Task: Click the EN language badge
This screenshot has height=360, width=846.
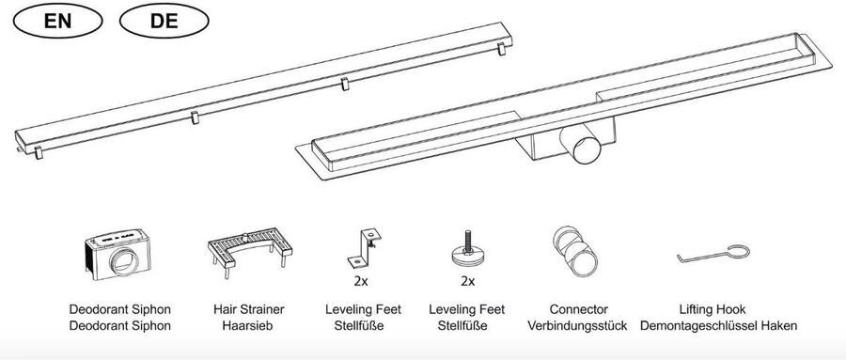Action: tap(57, 21)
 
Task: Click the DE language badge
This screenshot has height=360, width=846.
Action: tap(164, 21)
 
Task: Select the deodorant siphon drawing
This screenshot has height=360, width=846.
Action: tap(117, 254)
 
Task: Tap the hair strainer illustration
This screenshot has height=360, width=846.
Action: tap(250, 252)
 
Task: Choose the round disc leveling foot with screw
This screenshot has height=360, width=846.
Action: tap(468, 250)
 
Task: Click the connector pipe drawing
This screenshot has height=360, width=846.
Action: tap(575, 251)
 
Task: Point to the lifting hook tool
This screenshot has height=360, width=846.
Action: tap(713, 254)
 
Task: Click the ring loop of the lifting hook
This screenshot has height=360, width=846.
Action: tap(738, 252)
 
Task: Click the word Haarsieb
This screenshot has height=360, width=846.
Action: tap(249, 326)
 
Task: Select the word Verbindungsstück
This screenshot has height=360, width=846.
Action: tap(577, 326)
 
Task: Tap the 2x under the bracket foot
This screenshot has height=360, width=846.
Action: tap(361, 281)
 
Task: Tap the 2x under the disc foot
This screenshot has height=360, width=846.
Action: tap(468, 281)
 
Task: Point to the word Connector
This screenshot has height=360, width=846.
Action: tap(578, 309)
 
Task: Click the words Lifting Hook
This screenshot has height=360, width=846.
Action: tap(713, 309)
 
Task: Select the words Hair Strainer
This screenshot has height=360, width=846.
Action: tap(249, 309)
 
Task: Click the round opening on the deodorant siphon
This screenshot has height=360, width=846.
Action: tap(123, 261)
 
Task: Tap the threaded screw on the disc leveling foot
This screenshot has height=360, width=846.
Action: tap(467, 241)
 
